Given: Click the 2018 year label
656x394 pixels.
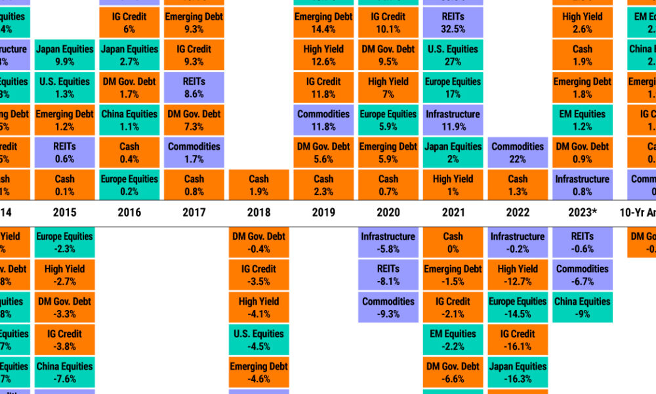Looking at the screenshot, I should click(258, 212).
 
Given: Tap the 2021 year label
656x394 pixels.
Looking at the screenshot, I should click(453, 212).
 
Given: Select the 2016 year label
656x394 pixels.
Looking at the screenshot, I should click(129, 212).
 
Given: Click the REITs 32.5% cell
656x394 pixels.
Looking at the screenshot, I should click(453, 22).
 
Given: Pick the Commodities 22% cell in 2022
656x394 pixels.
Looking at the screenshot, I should click(518, 152).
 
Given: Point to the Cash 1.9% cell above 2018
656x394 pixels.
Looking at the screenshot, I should click(258, 185).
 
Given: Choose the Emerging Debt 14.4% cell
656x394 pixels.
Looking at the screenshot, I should click(323, 22).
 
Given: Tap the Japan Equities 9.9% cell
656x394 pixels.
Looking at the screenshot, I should click(65, 55).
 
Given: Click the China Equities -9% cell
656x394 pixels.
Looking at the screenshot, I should click(582, 307).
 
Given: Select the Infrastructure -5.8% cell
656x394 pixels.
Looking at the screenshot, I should click(388, 242).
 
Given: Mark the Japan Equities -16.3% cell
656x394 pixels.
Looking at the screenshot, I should click(518, 372).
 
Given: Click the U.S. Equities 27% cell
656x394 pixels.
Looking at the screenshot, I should click(453, 55).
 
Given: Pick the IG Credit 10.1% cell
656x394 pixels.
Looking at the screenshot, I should click(388, 22).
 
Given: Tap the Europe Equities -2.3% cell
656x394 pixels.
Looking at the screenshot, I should click(65, 242).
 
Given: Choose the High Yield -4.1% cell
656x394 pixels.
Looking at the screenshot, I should click(258, 307).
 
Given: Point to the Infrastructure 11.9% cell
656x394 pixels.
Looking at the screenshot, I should click(453, 120).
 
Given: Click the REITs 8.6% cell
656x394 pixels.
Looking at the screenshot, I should click(194, 87).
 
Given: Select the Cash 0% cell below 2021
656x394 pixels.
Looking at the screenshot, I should click(453, 242).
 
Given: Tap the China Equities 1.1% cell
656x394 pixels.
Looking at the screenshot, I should click(129, 120).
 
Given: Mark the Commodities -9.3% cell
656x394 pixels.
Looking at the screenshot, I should click(388, 307).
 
